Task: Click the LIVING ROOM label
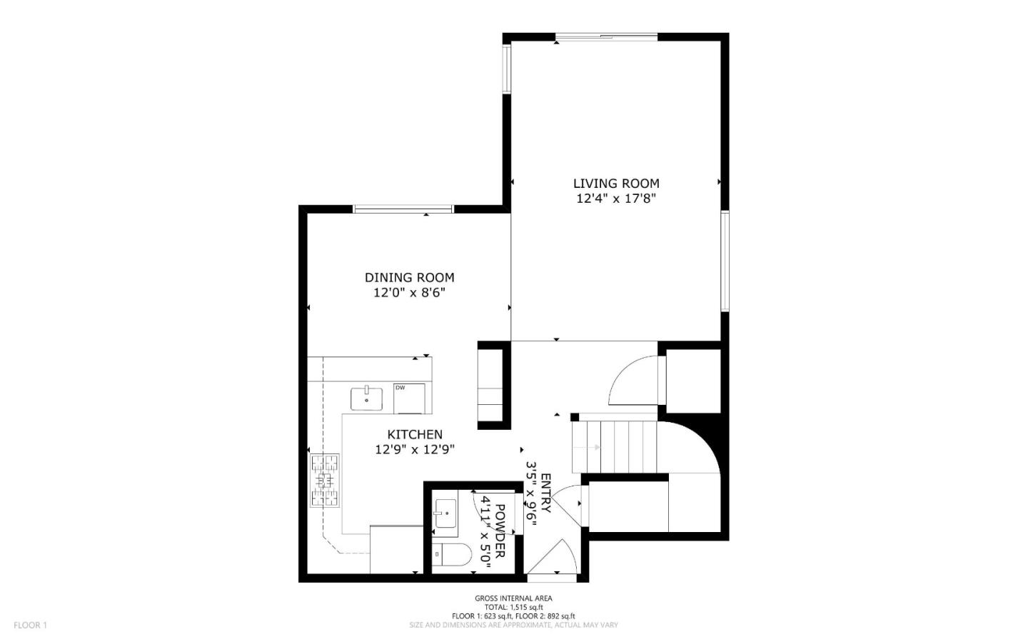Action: [615, 184]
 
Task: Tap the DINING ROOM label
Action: [409, 278]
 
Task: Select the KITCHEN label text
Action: [415, 434]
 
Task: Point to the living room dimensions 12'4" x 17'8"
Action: [615, 199]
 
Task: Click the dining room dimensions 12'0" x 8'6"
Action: [409, 293]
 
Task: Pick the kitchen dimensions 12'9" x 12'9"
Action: [415, 450]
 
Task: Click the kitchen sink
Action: [367, 399]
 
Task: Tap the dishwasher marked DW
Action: [409, 398]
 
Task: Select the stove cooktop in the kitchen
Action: [325, 480]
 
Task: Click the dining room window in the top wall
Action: [403, 209]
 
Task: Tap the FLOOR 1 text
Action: [30, 626]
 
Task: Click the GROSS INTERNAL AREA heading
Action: [513, 598]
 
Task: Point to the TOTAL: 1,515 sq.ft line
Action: [513, 607]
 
